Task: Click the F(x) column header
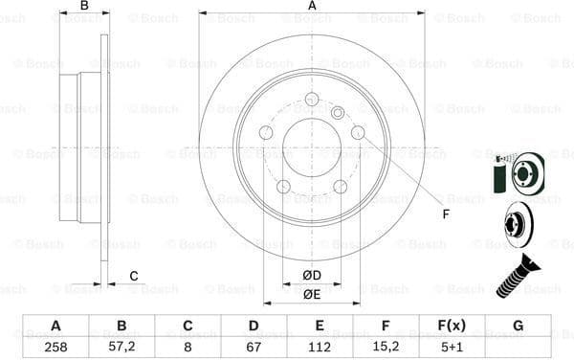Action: click(x=453, y=325)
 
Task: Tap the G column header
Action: click(x=519, y=325)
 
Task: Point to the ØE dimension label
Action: click(x=312, y=295)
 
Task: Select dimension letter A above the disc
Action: click(x=312, y=7)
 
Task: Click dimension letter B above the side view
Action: click(x=84, y=7)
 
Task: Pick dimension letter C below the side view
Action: click(x=133, y=277)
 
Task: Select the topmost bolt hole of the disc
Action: click(x=312, y=100)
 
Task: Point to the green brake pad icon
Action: click(x=498, y=176)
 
